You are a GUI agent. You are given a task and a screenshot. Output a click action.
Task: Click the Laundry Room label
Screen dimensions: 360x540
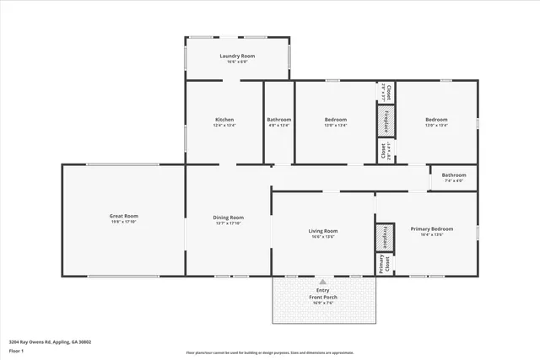(237, 56)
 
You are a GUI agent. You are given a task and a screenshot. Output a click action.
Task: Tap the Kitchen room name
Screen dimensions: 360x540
(224, 120)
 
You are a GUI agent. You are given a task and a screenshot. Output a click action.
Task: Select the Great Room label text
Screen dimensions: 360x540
(124, 216)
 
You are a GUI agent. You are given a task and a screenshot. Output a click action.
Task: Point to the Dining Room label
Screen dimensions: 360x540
(229, 217)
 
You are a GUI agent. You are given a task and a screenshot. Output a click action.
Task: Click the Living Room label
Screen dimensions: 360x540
(322, 230)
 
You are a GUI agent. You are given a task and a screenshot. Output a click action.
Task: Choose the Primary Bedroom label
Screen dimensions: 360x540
(431, 228)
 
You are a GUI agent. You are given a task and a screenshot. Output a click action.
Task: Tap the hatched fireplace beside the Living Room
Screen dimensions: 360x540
(385, 237)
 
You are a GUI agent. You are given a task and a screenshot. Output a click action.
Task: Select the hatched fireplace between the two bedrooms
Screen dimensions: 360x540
(386, 121)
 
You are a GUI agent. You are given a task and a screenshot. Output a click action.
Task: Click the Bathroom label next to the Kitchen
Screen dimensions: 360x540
(279, 120)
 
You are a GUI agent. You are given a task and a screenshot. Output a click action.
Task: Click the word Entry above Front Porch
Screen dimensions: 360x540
(322, 290)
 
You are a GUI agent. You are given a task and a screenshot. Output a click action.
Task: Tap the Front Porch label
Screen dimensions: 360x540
(322, 297)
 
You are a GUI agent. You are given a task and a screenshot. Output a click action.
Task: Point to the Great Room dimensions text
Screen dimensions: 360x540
(124, 223)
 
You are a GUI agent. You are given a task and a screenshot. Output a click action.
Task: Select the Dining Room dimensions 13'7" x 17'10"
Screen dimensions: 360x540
(229, 223)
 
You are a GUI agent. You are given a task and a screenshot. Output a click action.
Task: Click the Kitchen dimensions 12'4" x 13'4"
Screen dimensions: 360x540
(224, 126)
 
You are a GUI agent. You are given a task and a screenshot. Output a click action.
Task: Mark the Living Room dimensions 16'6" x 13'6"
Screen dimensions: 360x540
(322, 237)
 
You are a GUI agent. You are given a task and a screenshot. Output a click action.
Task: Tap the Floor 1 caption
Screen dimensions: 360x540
(17, 350)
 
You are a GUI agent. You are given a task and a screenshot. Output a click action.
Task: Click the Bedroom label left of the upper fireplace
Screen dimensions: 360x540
(335, 120)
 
